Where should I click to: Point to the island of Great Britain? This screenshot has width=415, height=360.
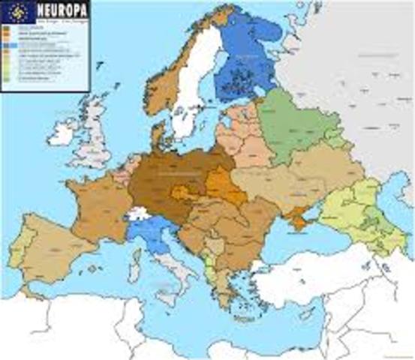pyautogui.click(x=97, y=139)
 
